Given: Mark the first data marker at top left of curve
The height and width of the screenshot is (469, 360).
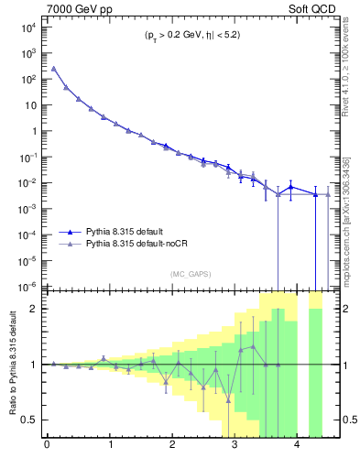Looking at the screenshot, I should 53,69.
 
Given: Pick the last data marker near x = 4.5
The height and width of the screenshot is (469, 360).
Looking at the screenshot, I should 328,194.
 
